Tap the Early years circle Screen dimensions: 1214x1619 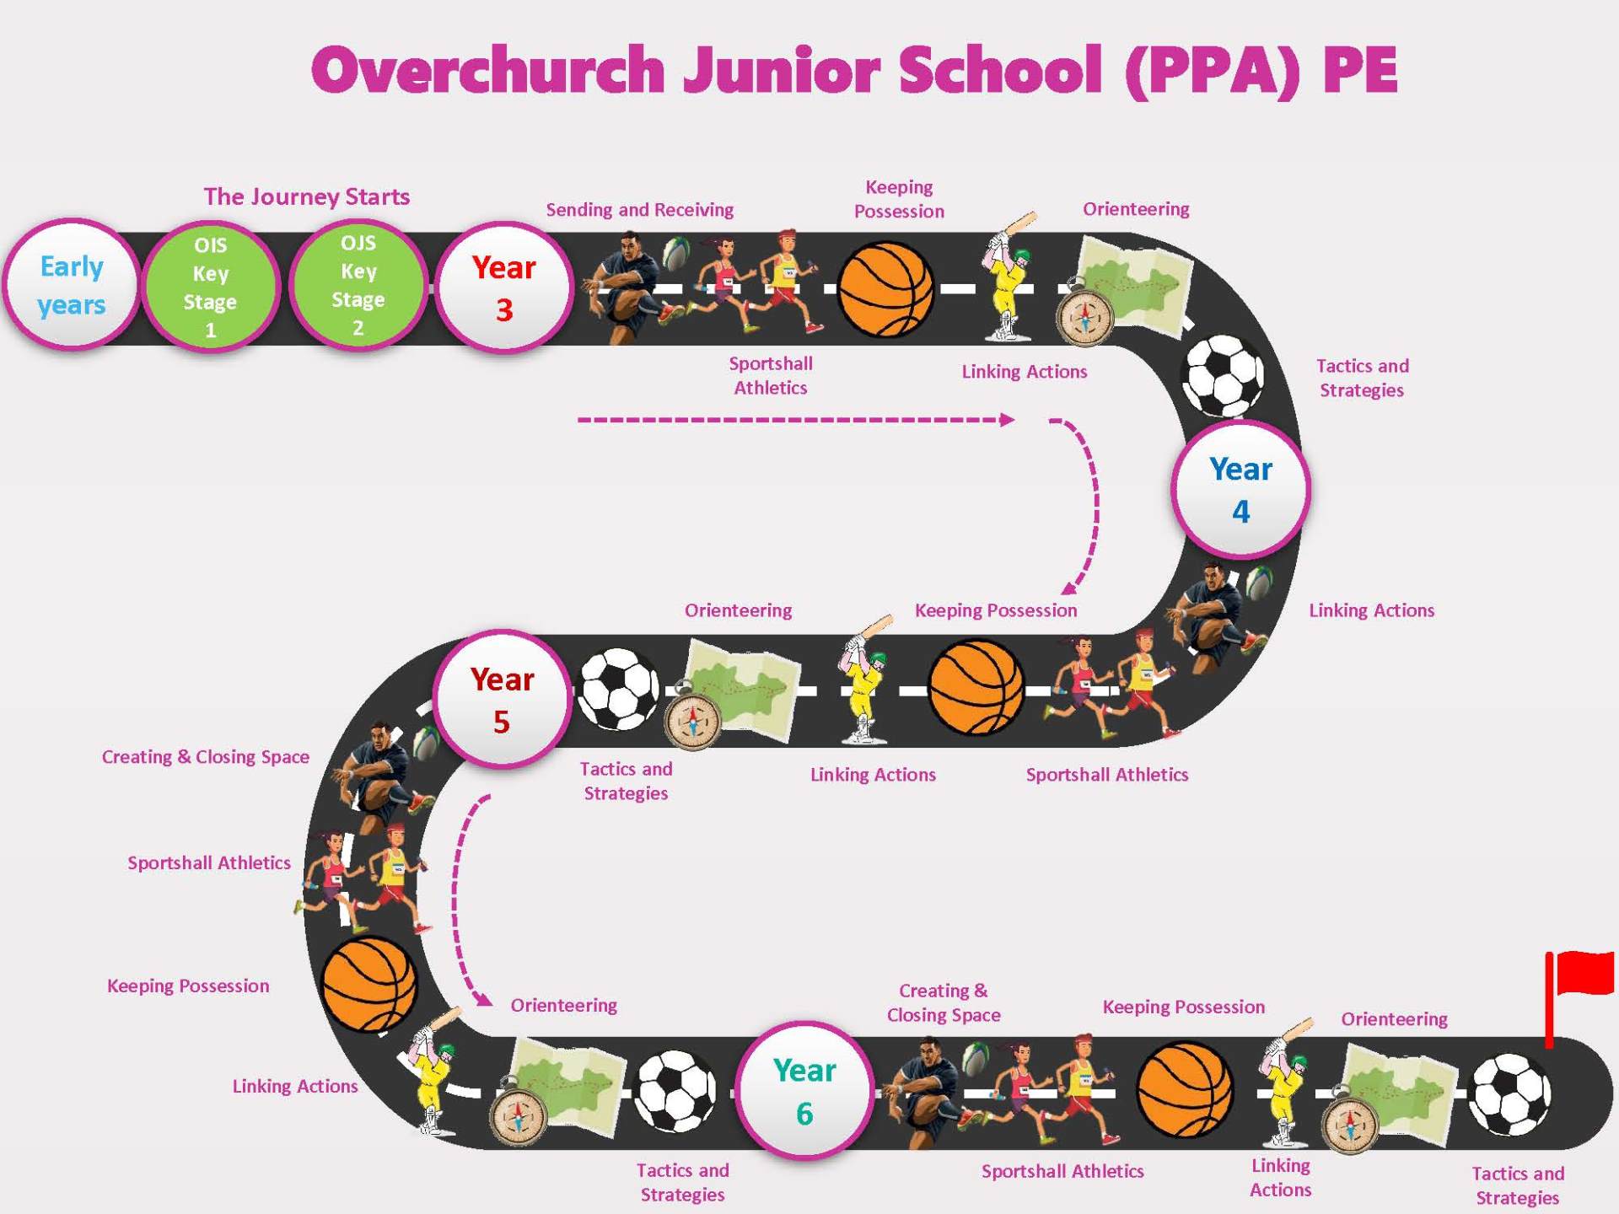72,286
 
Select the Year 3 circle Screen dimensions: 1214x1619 503,287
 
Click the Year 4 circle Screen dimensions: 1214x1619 1240,490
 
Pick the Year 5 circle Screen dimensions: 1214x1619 503,699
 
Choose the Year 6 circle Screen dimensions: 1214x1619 804,1091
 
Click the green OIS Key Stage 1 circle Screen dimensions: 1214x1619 210,287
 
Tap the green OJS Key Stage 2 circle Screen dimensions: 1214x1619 358,286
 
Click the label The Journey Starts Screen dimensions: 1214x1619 307,196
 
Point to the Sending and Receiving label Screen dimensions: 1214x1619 639,209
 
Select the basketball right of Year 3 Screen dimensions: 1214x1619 886,289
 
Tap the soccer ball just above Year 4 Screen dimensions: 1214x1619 1224,376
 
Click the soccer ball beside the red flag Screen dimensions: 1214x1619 1509,1094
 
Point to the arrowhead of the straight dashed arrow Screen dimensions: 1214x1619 1007,420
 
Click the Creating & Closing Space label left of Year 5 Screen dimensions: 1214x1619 205,756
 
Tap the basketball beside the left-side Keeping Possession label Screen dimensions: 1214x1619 369,984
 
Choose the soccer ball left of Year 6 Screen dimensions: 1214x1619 675,1090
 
